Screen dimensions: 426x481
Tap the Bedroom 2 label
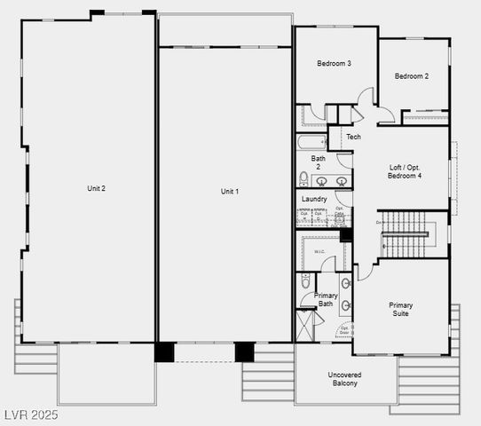coord(412,76)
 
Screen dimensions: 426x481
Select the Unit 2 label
coord(96,188)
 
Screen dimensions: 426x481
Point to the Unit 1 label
coord(230,192)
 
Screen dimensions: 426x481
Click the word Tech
coord(353,137)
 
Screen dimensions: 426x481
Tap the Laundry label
coord(314,199)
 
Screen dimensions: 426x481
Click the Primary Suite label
coord(401,310)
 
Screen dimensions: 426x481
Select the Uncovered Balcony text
coord(345,378)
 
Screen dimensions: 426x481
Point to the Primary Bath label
coord(326,299)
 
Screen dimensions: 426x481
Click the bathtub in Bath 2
coord(311,142)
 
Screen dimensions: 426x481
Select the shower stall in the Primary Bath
coord(306,325)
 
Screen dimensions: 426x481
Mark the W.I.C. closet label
coord(319,252)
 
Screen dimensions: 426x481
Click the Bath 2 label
coord(317,162)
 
